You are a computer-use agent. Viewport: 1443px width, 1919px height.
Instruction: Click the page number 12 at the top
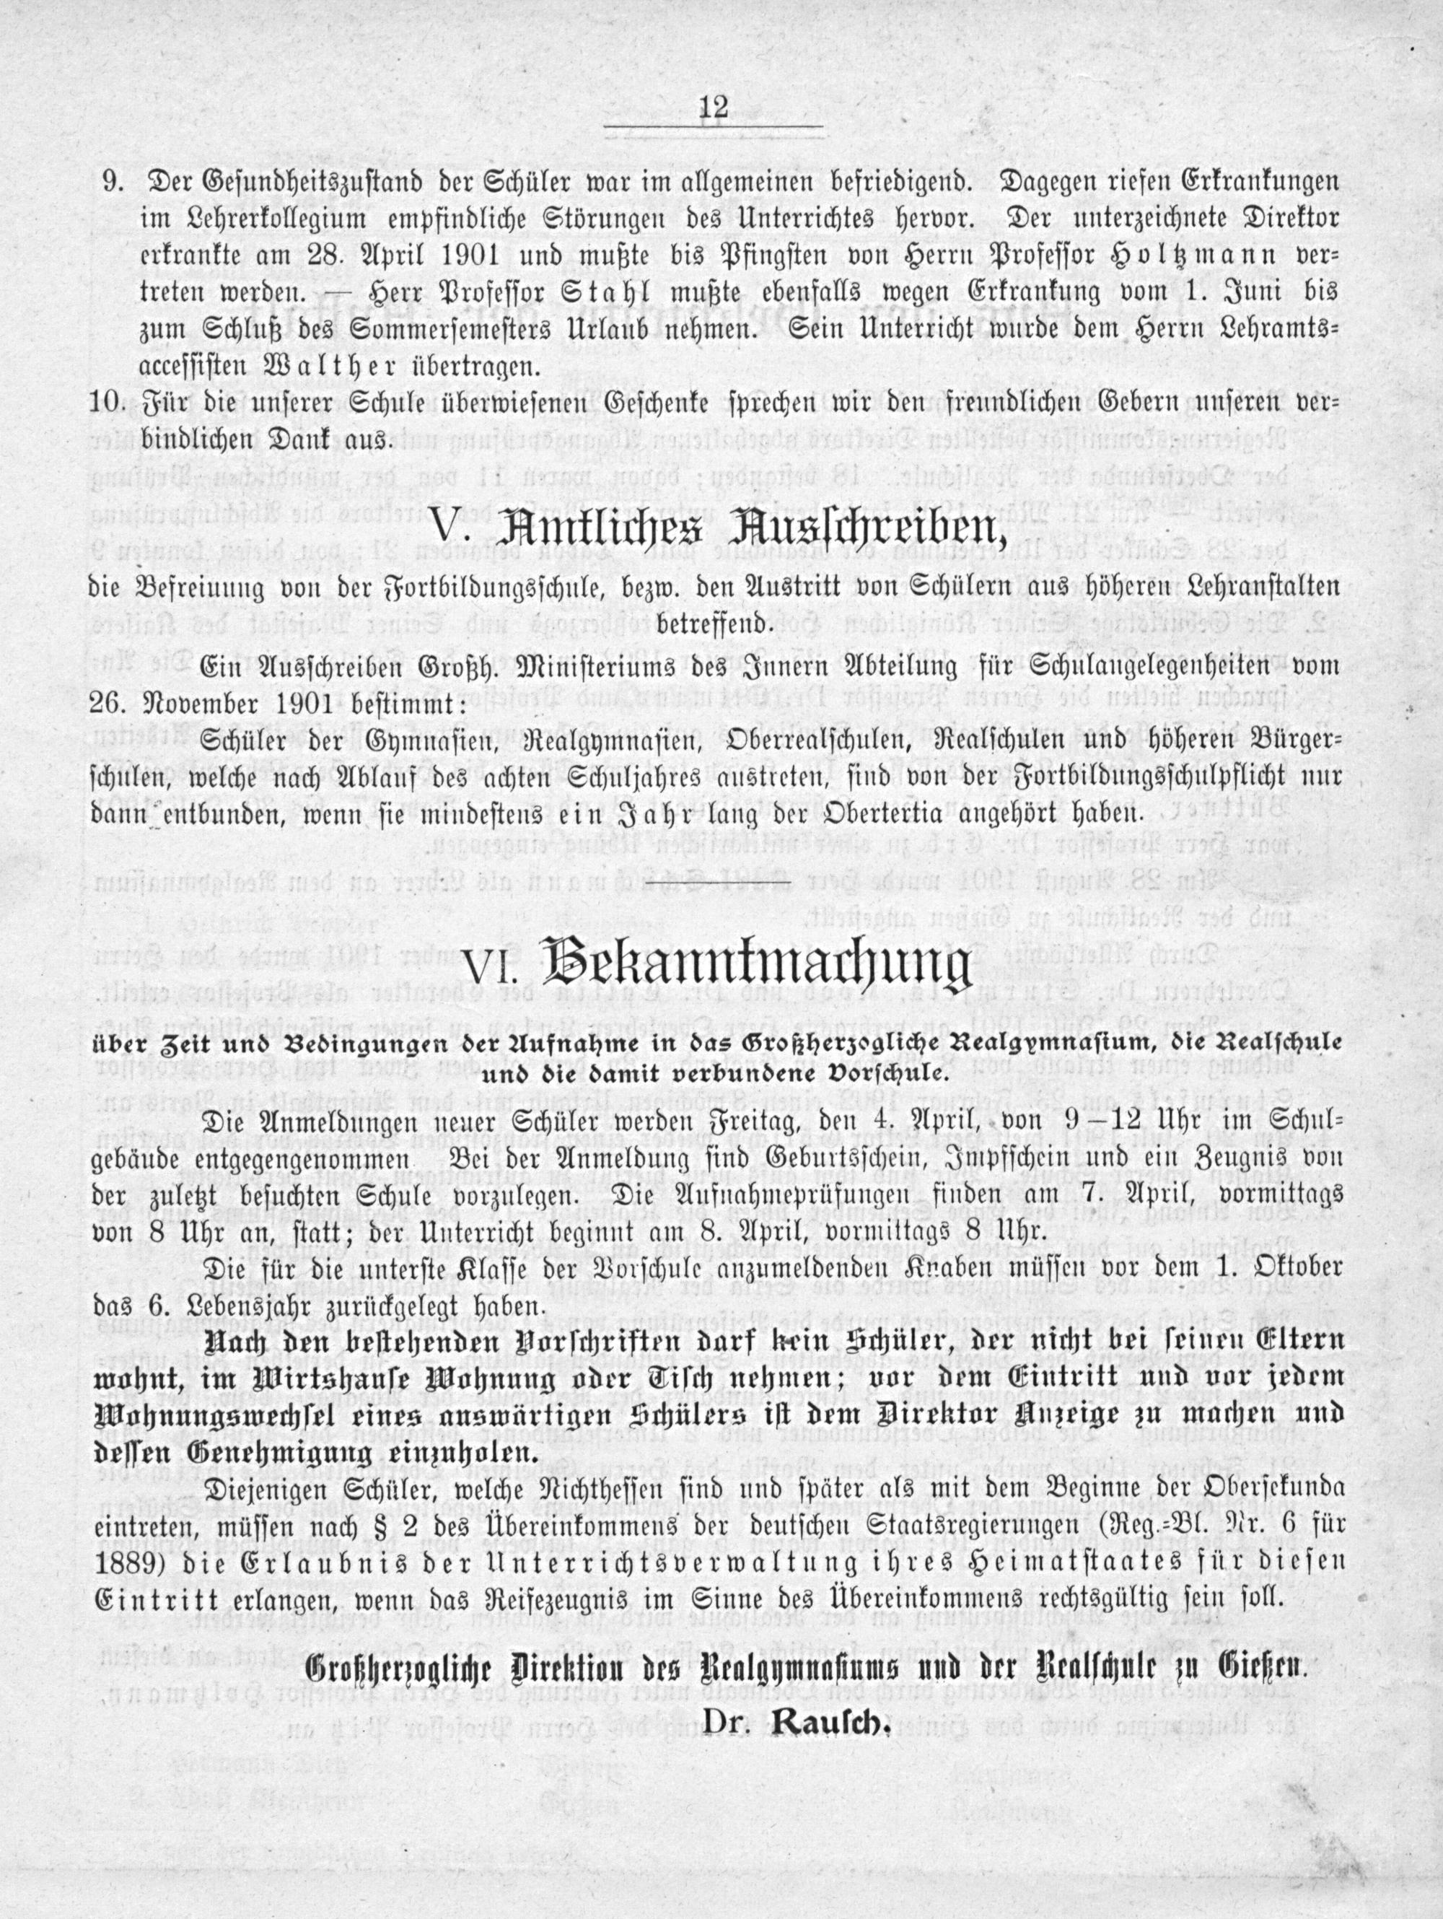click(713, 109)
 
